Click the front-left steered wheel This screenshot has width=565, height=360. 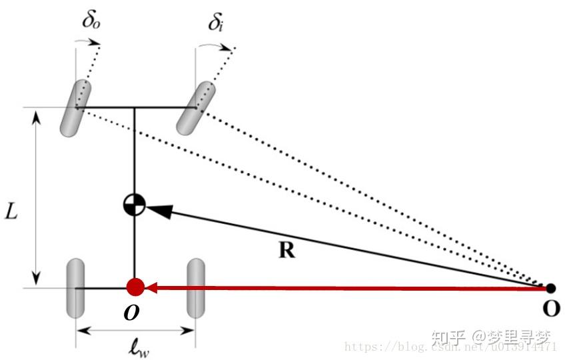click(74, 108)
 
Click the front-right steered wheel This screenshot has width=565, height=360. click(194, 107)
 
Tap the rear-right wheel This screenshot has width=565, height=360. click(195, 289)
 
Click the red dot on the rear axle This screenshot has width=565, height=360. click(135, 287)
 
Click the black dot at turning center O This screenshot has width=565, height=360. click(550, 288)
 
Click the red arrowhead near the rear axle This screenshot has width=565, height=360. click(153, 288)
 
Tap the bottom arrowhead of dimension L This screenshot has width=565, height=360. click(36, 279)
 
